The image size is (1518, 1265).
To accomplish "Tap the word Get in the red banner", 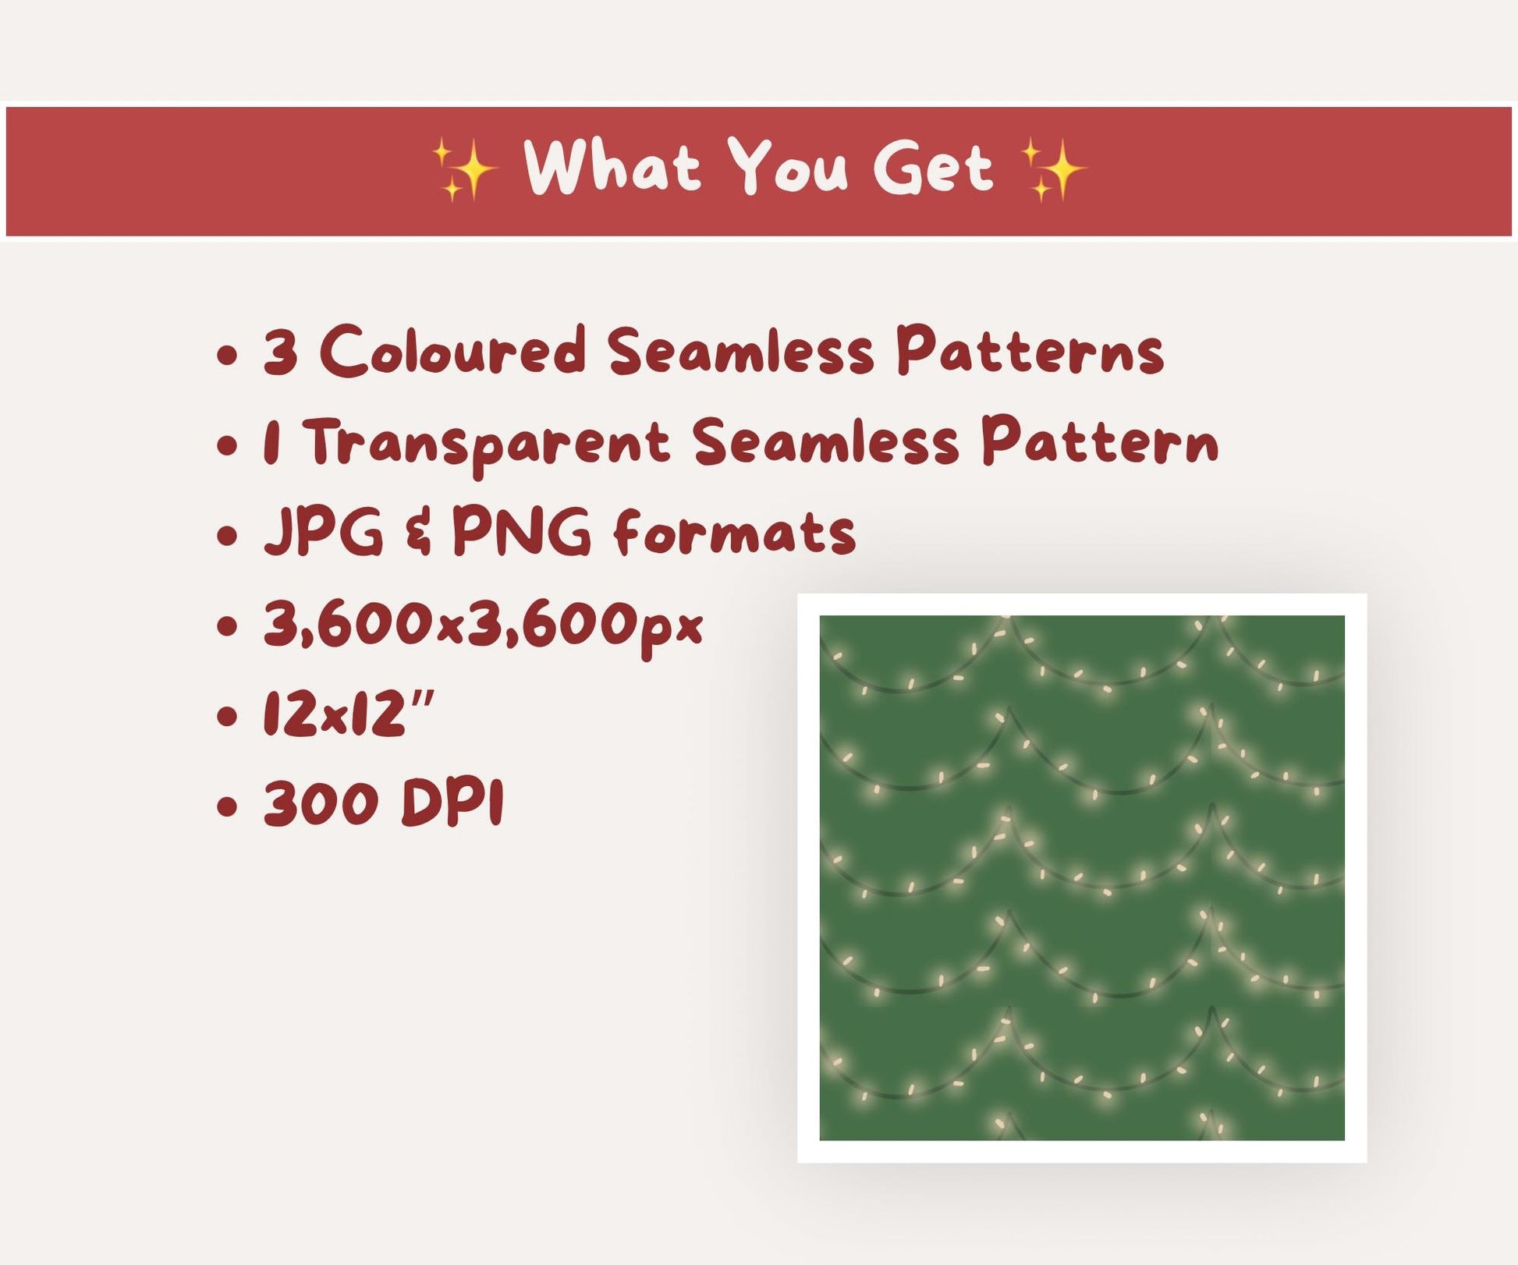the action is [x=934, y=167].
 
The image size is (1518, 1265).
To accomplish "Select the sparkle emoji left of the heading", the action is [x=466, y=169].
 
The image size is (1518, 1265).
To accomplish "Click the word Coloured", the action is [x=453, y=351].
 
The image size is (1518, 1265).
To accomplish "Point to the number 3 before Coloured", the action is [x=281, y=352].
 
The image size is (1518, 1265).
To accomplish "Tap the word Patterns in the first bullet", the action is [x=1030, y=351].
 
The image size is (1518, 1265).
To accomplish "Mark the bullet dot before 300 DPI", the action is [x=226, y=807].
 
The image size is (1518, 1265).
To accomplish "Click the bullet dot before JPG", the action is [x=226, y=537].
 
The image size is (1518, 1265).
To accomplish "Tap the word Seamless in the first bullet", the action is [x=740, y=351].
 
